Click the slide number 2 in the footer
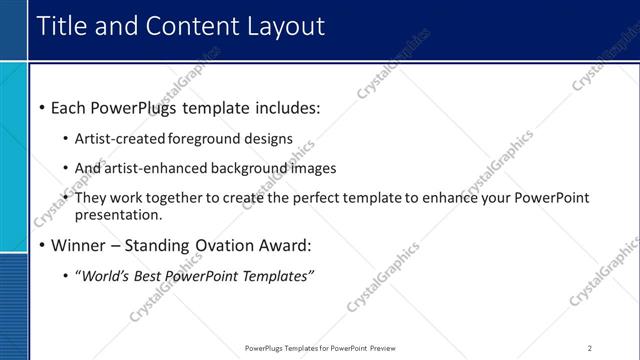(x=589, y=348)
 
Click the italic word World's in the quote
(x=107, y=276)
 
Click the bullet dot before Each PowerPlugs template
(x=41, y=107)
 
